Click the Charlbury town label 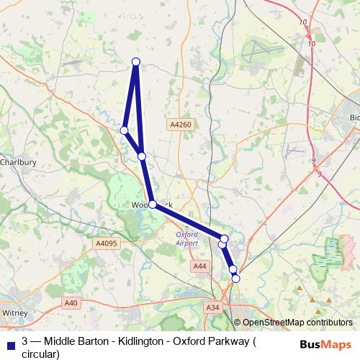click(x=17, y=162)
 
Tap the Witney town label click(x=14, y=313)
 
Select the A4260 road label click(x=181, y=125)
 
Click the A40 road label click(x=70, y=303)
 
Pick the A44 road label click(x=199, y=267)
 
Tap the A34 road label click(x=212, y=307)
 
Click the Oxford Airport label click(x=186, y=238)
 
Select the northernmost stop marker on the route click(x=135, y=61)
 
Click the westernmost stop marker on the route click(x=125, y=130)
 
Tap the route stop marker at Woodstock click(x=153, y=204)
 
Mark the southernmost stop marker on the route click(x=235, y=278)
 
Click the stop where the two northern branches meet click(x=142, y=156)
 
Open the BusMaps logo click(x=325, y=344)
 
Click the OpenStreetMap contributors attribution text click(x=297, y=323)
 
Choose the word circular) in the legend click(x=40, y=353)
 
